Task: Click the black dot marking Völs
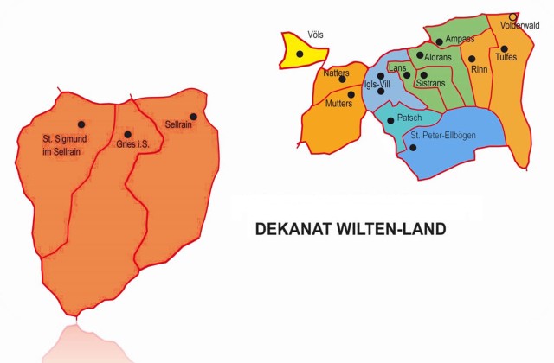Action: point(300,54)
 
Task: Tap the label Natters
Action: point(336,73)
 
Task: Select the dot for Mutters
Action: point(351,95)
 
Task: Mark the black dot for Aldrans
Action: point(420,56)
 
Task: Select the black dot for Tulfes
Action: point(504,48)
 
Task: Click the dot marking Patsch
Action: point(389,120)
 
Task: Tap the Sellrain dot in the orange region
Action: point(193,117)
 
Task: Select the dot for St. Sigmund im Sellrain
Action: point(81,124)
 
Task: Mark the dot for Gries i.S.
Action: point(128,134)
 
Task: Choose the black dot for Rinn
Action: point(472,59)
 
